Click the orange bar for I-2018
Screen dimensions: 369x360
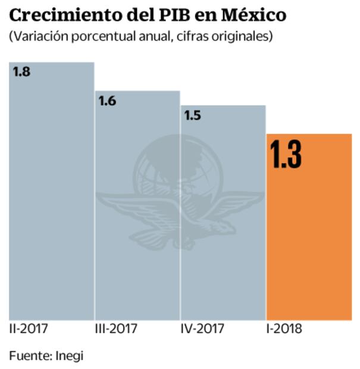click(x=309, y=238)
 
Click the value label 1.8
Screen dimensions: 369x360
click(x=21, y=72)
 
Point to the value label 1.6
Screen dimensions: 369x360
click(x=107, y=101)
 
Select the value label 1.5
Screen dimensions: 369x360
click(x=192, y=115)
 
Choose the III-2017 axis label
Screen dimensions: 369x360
click(x=116, y=329)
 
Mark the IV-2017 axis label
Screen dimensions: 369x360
click(x=202, y=329)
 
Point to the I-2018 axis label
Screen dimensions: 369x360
click(x=284, y=329)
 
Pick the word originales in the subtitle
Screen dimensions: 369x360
click(x=242, y=36)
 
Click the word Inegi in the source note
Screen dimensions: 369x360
click(x=70, y=356)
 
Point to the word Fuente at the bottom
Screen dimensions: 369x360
click(x=29, y=356)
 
